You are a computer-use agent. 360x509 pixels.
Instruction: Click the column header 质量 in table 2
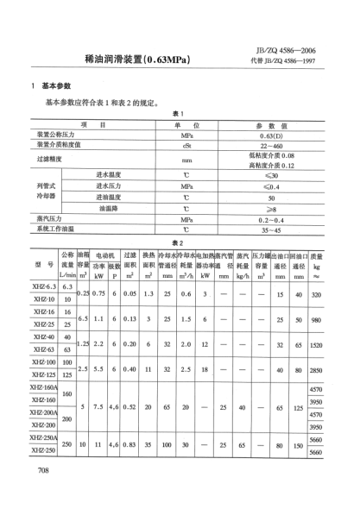(318, 256)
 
